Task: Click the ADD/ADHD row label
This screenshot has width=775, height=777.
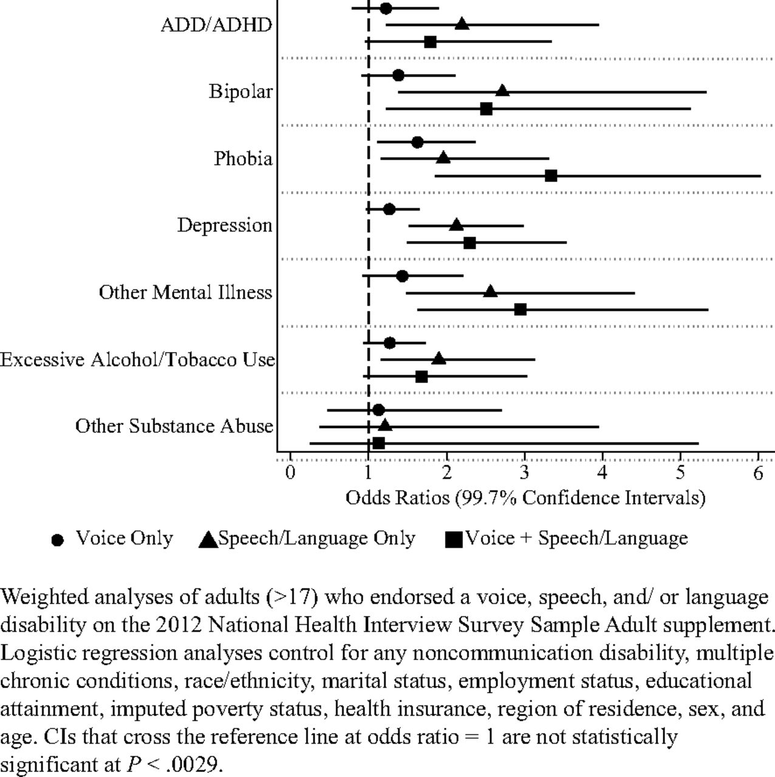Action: [216, 25]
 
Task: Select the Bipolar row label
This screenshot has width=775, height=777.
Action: [241, 92]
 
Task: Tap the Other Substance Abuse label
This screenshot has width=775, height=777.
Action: [174, 426]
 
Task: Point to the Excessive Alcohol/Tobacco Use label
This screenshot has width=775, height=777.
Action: [138, 359]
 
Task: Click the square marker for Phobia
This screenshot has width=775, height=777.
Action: [551, 176]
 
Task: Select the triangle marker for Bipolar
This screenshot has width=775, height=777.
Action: [502, 90]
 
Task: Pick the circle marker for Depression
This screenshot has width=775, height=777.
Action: [389, 209]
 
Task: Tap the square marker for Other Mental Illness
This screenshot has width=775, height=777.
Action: [521, 310]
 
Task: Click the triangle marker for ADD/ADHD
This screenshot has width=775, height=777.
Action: [462, 24]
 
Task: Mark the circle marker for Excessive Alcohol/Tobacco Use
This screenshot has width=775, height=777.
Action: [389, 343]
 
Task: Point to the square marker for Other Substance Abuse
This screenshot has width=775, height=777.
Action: [378, 444]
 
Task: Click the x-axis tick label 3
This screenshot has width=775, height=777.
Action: [524, 473]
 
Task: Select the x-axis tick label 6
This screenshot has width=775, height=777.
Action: [758, 473]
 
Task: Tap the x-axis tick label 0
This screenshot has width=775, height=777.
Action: [290, 473]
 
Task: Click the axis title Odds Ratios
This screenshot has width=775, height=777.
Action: [397, 498]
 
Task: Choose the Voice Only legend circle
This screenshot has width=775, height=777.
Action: [58, 540]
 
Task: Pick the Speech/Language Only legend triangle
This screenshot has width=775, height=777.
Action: [208, 539]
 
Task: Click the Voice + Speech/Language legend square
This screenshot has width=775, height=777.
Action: [454, 540]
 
